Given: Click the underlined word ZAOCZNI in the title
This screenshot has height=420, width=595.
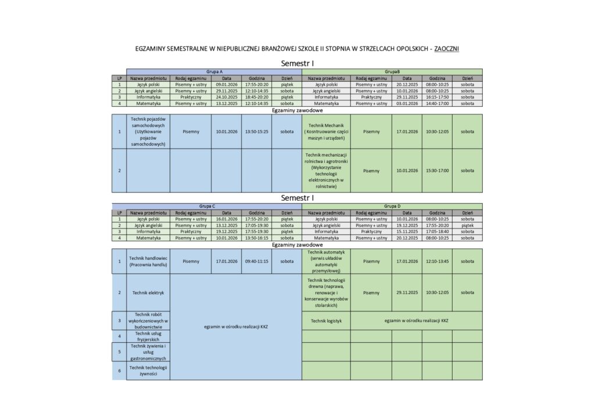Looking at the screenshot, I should tap(446, 49).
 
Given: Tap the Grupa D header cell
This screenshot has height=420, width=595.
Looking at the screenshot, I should tap(392, 206).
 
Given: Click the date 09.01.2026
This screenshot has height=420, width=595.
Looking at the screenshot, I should tap(226, 84).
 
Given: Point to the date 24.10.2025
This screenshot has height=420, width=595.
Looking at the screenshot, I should tap(226, 97).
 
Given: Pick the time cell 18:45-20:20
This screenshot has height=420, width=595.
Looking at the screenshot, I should tap(256, 97).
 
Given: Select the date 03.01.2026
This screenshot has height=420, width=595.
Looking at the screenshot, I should tap(407, 103).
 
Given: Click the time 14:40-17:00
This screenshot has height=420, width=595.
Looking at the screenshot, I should tap(437, 103).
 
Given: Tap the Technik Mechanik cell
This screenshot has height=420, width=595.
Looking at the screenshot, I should tap(326, 131).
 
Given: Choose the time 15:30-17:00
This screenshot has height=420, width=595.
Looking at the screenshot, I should tap(437, 171).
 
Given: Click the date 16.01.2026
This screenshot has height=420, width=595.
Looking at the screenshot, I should tap(226, 219).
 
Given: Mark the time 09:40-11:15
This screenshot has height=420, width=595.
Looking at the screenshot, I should tap(256, 261).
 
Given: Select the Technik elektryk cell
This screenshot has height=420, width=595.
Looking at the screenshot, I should tap(148, 292).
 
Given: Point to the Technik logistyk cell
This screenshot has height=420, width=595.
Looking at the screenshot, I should tap(326, 320).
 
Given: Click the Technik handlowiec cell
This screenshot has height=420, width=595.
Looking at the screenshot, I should tap(148, 261).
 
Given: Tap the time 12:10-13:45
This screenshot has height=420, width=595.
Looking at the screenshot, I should tap(437, 261).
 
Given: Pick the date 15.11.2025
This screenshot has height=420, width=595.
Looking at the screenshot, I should tap(407, 231).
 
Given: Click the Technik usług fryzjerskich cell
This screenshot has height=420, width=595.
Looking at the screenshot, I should tap(148, 336).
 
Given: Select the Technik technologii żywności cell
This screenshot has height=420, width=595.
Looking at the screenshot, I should tap(148, 370).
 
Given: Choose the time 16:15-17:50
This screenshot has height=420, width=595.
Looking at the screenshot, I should tap(437, 97).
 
